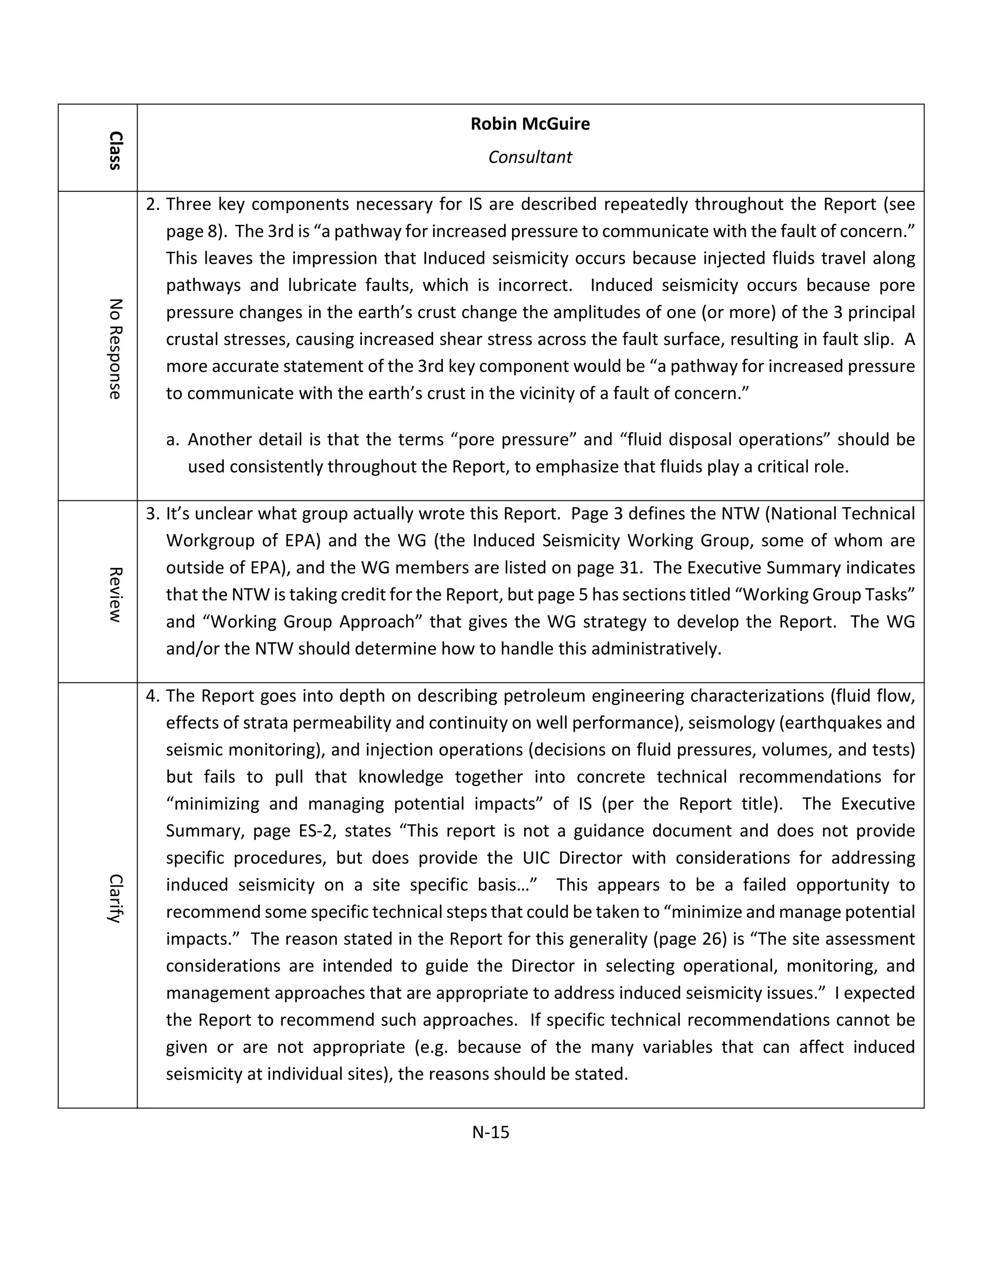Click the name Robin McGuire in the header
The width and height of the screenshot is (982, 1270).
point(530,124)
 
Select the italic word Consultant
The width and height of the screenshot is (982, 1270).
point(530,157)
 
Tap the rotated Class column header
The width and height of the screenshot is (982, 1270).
point(115,150)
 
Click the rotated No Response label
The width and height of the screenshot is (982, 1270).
point(115,349)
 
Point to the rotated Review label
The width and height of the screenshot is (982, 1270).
point(115,594)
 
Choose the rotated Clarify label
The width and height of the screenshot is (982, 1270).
point(115,899)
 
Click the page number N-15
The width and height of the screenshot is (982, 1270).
point(491,1132)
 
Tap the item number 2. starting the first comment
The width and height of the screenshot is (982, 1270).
point(152,205)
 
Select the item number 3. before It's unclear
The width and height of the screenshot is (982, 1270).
point(152,514)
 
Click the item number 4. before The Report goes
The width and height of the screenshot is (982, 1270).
point(152,696)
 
